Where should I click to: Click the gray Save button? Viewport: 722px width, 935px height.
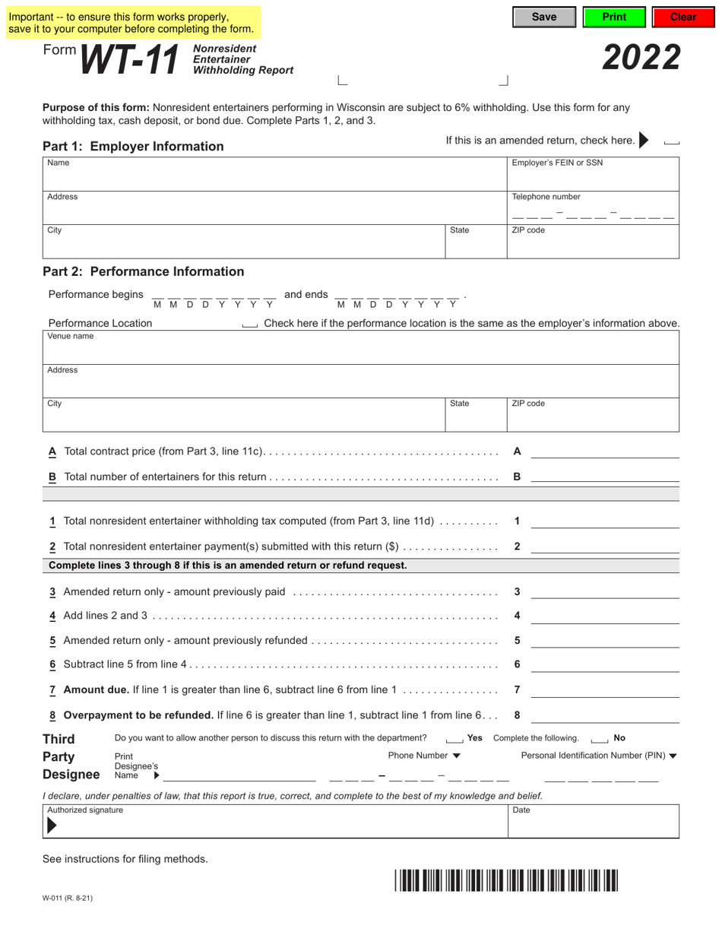click(543, 17)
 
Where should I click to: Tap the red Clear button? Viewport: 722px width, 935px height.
click(682, 17)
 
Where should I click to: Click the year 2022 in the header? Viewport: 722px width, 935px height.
click(641, 58)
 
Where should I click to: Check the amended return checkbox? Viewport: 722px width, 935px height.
click(671, 141)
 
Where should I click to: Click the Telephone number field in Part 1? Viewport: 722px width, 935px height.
click(593, 213)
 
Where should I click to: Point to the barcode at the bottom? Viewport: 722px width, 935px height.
click(506, 880)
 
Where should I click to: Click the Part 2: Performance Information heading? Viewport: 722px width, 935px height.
click(144, 271)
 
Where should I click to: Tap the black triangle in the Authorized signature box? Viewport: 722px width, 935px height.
click(52, 826)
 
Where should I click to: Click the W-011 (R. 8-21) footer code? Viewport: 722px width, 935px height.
click(68, 898)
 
